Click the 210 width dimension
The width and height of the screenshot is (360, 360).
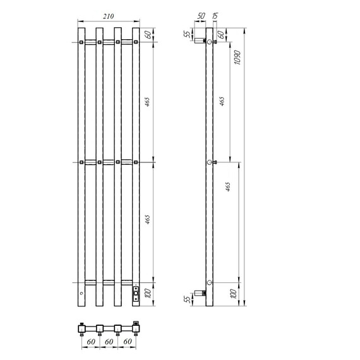tap(109, 16)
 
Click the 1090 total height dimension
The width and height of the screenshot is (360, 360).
tap(237, 57)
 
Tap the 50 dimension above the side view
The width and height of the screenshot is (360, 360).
tap(201, 16)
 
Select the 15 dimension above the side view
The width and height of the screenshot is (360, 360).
tap(215, 16)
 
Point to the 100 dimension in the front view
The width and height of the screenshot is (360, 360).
tap(148, 294)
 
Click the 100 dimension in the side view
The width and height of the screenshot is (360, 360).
tap(233, 294)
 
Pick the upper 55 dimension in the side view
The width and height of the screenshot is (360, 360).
tap(188, 34)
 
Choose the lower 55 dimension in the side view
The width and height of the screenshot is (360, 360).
tap(188, 299)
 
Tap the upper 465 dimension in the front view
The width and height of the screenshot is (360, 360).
tap(147, 102)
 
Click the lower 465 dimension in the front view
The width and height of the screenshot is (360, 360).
tap(147, 220)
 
